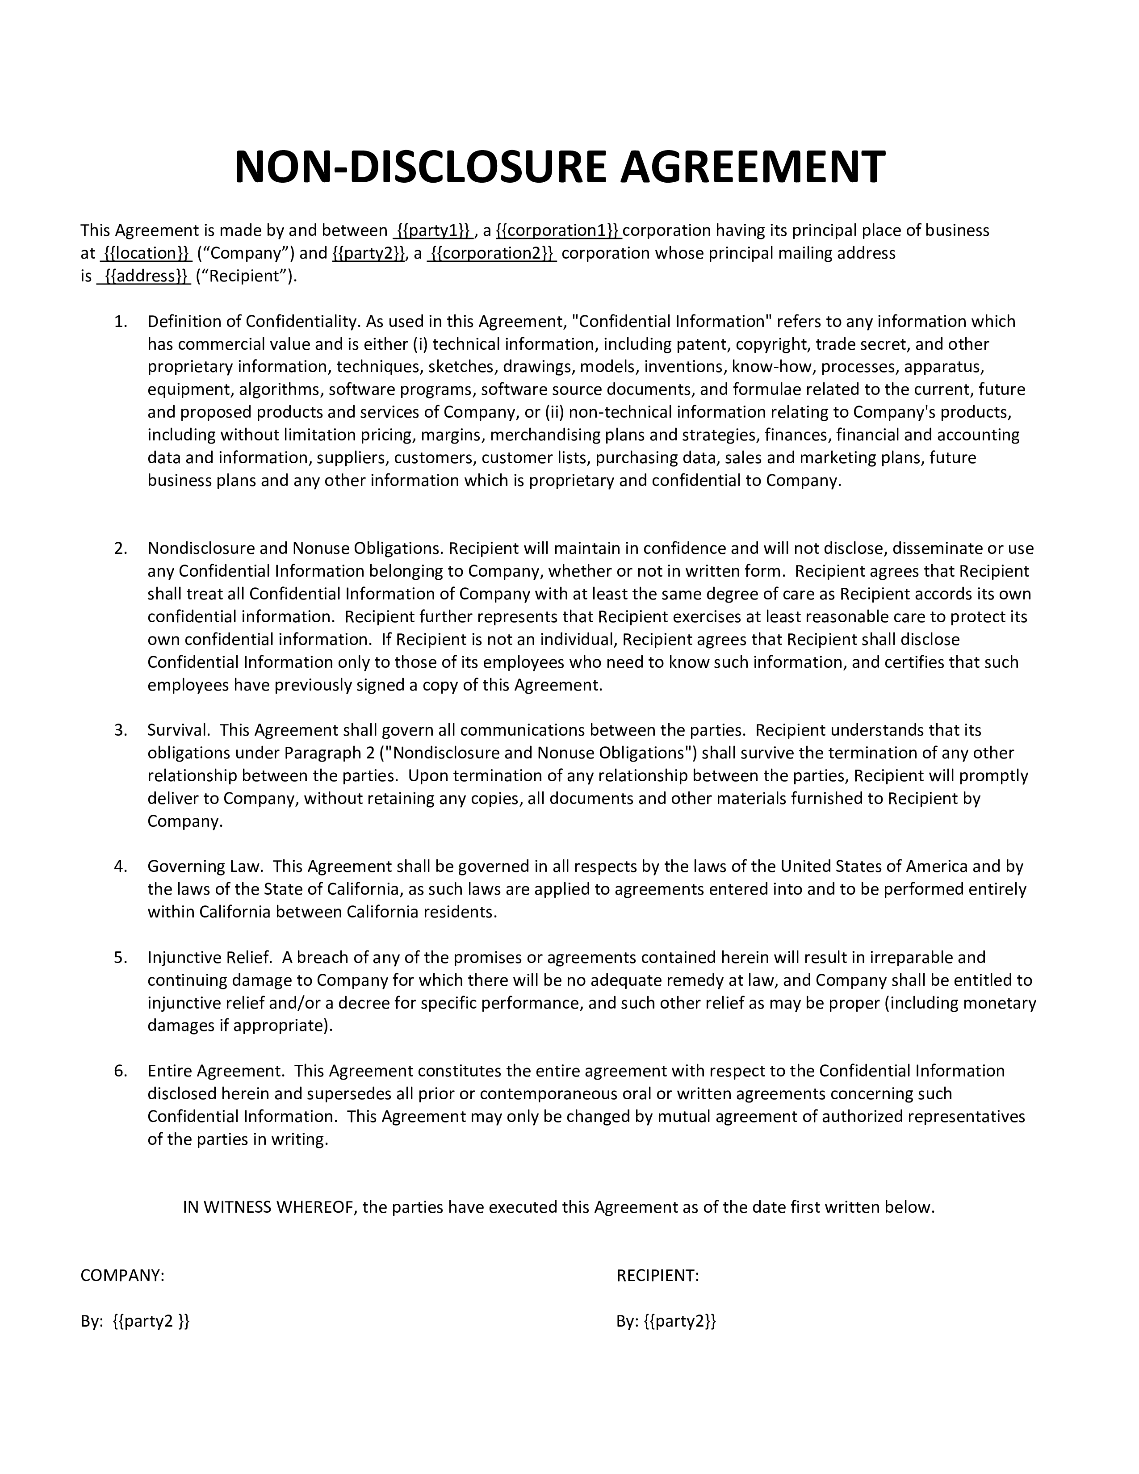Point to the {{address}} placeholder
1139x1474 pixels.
pos(144,276)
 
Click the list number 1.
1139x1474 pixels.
pos(121,322)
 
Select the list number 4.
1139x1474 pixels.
pos(121,867)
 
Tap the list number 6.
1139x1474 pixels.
pos(121,1071)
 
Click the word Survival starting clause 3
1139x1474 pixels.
pos(179,730)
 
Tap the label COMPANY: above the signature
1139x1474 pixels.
pos(122,1276)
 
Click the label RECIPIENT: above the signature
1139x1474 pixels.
pos(657,1276)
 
